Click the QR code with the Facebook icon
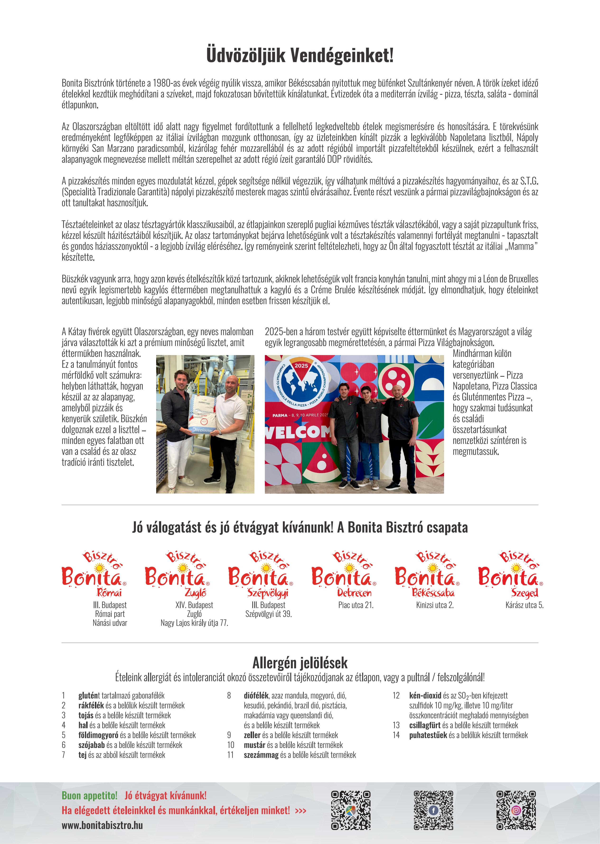[x=433, y=810]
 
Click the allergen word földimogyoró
[x=98, y=735]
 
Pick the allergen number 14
[x=396, y=735]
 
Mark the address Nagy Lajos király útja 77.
[x=194, y=623]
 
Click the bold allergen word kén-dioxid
[x=425, y=695]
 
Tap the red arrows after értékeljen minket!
[x=301, y=811]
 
